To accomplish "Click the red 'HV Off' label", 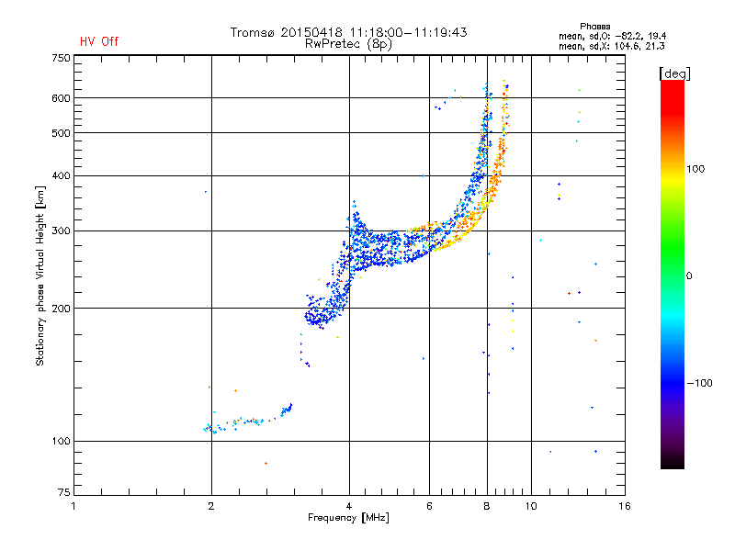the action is (x=99, y=41).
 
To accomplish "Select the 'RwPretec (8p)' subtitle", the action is (x=348, y=44).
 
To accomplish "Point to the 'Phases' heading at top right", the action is (x=594, y=27).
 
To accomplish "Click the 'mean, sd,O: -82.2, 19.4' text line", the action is (x=612, y=36).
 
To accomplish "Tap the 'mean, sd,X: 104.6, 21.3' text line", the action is (x=611, y=46).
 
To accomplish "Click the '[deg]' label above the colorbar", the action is (x=674, y=73).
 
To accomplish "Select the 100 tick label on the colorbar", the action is (x=695, y=169).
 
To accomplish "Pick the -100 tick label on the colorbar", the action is (x=699, y=383).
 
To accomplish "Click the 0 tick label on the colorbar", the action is (x=689, y=276).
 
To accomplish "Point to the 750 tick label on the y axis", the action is (x=61, y=58).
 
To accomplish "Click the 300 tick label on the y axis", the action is (x=61, y=231).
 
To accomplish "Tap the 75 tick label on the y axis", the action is (x=64, y=492).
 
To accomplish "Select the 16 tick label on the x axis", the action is (x=625, y=506).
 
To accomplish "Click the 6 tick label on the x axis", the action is (x=429, y=506).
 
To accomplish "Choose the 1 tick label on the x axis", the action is (x=73, y=506).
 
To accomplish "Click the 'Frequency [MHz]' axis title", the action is (x=348, y=518).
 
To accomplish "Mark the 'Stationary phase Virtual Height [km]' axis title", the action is (x=40, y=275).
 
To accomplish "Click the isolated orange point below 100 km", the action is (x=266, y=464).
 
